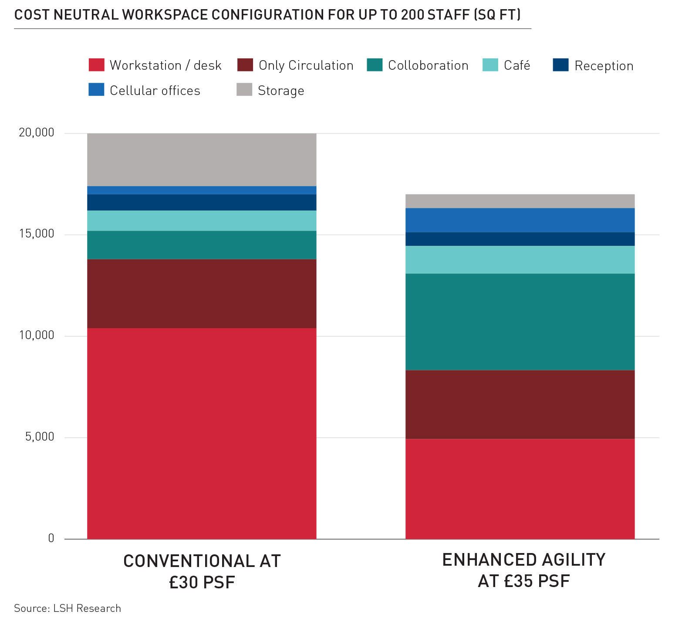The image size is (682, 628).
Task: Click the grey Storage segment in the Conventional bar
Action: click(202, 160)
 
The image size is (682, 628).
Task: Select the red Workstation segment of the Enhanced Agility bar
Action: click(520, 489)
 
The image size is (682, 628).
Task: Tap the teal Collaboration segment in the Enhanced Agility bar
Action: click(520, 322)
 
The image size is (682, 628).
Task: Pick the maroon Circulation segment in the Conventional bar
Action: click(202, 294)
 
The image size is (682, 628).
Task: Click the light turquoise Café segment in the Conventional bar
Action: click(202, 221)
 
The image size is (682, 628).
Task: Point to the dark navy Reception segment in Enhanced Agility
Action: click(520, 239)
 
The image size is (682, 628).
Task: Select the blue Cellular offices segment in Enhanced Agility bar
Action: click(520, 220)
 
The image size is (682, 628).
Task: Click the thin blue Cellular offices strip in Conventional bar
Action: click(202, 190)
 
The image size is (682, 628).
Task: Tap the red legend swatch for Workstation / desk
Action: click(96, 65)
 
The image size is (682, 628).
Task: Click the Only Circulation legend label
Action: click(306, 65)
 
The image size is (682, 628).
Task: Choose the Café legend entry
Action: click(517, 65)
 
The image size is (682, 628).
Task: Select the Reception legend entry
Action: click(604, 66)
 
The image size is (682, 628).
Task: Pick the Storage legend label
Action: click(281, 91)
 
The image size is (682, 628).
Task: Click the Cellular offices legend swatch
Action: click(96, 90)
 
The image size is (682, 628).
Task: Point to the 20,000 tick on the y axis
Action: click(36, 132)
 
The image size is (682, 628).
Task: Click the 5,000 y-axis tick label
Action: click(40, 437)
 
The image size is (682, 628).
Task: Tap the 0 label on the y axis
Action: click(51, 538)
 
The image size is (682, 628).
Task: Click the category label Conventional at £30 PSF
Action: click(202, 571)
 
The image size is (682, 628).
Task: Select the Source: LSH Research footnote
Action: click(68, 608)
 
